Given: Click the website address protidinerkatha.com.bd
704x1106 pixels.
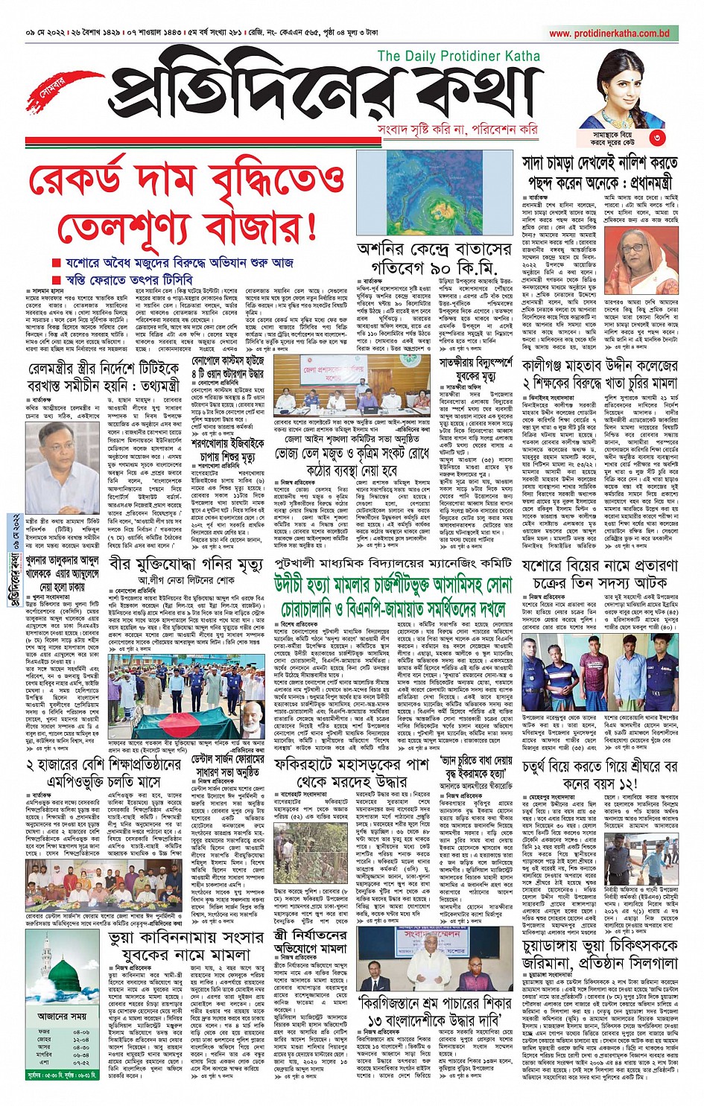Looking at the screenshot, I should pyautogui.click(x=609, y=34).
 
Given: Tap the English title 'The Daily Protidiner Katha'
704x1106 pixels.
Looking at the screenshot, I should pyautogui.click(x=458, y=56).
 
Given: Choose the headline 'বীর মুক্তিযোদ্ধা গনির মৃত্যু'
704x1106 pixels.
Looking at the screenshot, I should pyautogui.click(x=185, y=565).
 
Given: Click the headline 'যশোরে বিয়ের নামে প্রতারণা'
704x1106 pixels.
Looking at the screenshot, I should pyautogui.click(x=600, y=566).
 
